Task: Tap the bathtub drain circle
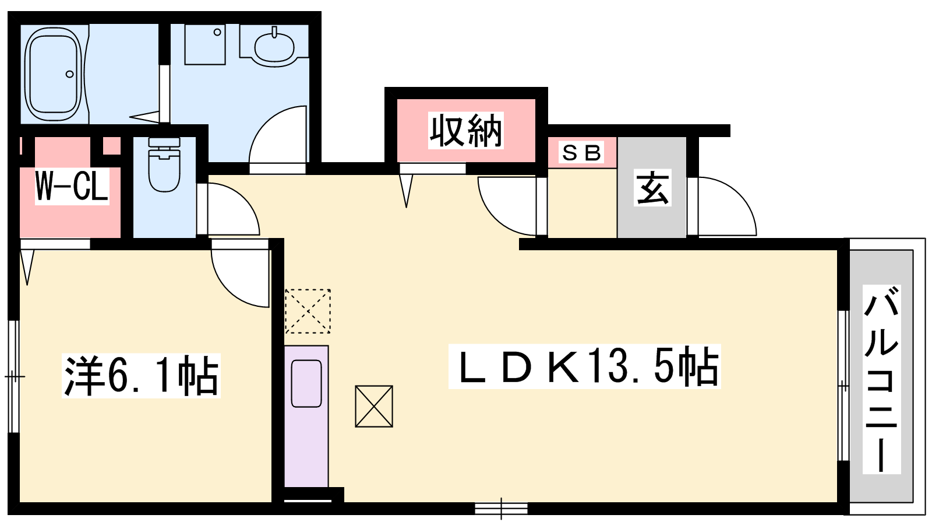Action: (x=70, y=74)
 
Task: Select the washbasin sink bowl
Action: (x=274, y=47)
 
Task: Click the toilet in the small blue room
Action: (x=164, y=165)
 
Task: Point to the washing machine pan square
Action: (x=205, y=44)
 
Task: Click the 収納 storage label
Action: (x=465, y=131)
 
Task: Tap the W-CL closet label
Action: (x=72, y=186)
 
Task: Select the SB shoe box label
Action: (x=582, y=153)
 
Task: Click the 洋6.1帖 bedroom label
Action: (x=141, y=376)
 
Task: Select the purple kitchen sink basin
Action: (x=306, y=384)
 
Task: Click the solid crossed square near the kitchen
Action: (x=374, y=406)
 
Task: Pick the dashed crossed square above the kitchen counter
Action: (x=308, y=311)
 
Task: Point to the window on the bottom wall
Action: (x=501, y=509)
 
